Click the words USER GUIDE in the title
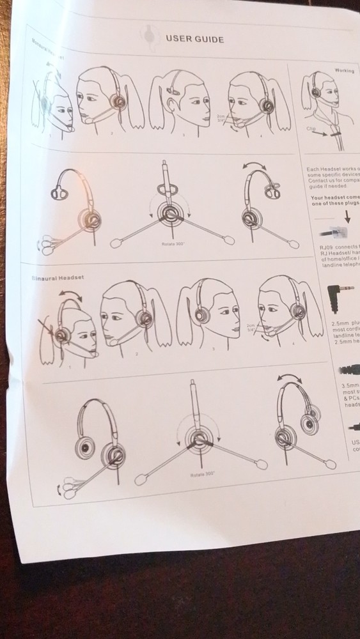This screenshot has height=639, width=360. point(194,39)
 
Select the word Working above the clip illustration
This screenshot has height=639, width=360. point(344,70)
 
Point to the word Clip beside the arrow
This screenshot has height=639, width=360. point(311,128)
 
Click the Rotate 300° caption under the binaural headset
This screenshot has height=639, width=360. point(203,475)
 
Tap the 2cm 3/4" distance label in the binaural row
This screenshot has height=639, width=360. point(252,328)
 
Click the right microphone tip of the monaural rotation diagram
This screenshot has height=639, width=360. point(293,243)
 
